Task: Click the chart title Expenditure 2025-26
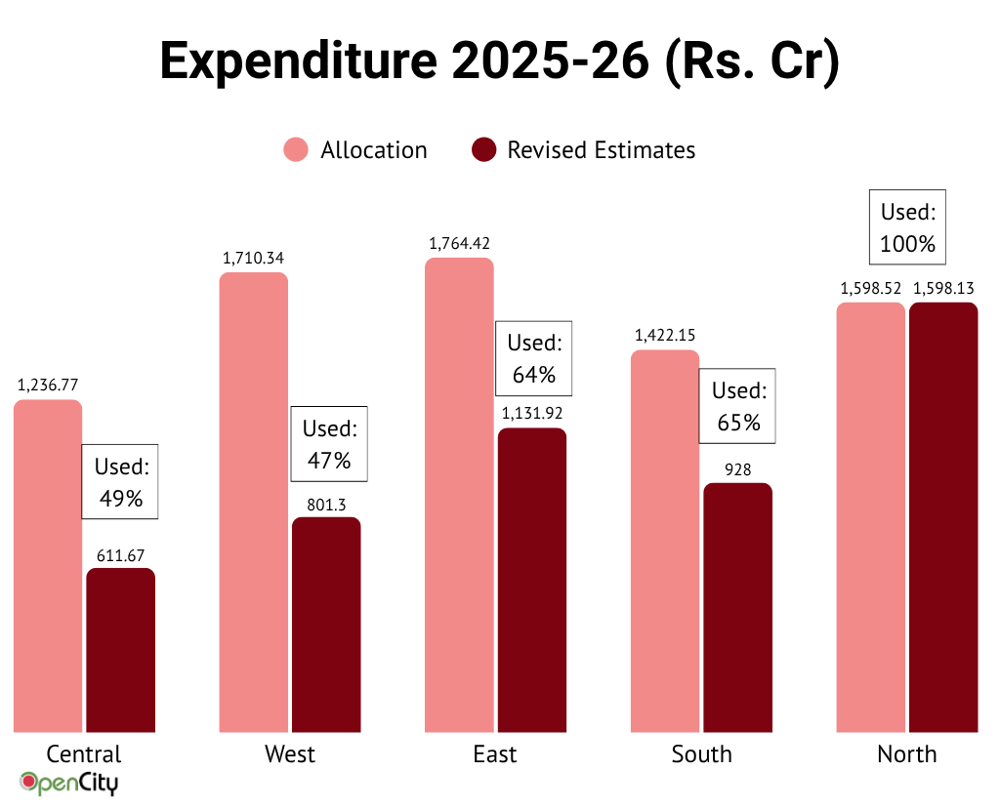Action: point(499,61)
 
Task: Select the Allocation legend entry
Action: point(355,150)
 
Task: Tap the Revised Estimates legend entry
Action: point(583,150)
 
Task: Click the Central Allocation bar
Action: point(48,566)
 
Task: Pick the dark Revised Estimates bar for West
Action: point(326,625)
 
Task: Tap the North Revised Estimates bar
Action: point(943,517)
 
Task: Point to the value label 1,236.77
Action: point(48,385)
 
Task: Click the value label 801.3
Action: point(326,504)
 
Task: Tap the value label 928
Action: point(737,469)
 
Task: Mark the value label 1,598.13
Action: point(943,288)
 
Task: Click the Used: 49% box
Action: point(119,482)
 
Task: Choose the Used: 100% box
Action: point(907,227)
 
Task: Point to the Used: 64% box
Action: point(533,358)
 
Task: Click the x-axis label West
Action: point(290,754)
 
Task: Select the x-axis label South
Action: point(701,754)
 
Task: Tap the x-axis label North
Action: point(906,754)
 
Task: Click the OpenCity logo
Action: point(69,783)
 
